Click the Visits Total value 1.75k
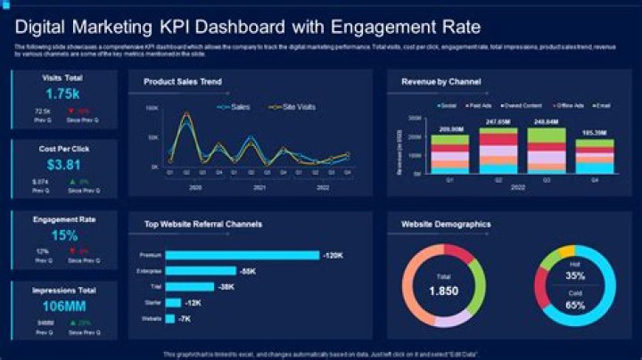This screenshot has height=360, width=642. pos(63,94)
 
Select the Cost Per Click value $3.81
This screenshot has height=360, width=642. pos(63,165)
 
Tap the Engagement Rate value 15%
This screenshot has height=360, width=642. pos(63,236)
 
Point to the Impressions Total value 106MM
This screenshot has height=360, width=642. pos(63,307)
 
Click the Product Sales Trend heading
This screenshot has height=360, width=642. pos(183,82)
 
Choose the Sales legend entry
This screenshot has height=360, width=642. pos(235,107)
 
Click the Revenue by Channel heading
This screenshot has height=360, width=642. pos(441,82)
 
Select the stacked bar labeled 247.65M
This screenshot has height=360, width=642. pos(498,150)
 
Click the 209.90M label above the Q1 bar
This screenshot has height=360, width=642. pos(449,129)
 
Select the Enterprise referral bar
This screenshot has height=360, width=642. pos(201,271)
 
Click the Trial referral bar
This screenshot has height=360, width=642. pos(190,286)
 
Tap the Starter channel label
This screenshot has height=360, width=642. pos(152,302)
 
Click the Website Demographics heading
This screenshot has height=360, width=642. pos(447,225)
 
